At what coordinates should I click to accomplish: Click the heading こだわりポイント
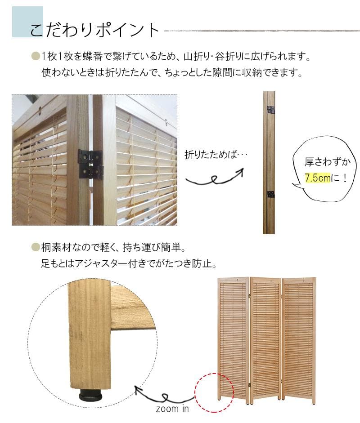click(94, 30)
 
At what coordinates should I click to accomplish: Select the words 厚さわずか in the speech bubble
click(324, 162)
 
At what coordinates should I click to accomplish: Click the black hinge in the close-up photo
click(90, 164)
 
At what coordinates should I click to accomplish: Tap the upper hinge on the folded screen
click(271, 109)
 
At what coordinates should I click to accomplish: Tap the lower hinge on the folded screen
click(271, 194)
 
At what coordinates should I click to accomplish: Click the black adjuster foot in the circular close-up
click(90, 396)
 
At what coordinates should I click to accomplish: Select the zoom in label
click(172, 409)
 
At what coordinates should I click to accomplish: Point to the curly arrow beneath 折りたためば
click(216, 178)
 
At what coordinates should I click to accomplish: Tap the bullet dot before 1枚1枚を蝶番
click(35, 58)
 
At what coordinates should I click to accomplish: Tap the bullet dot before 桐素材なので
click(35, 247)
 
